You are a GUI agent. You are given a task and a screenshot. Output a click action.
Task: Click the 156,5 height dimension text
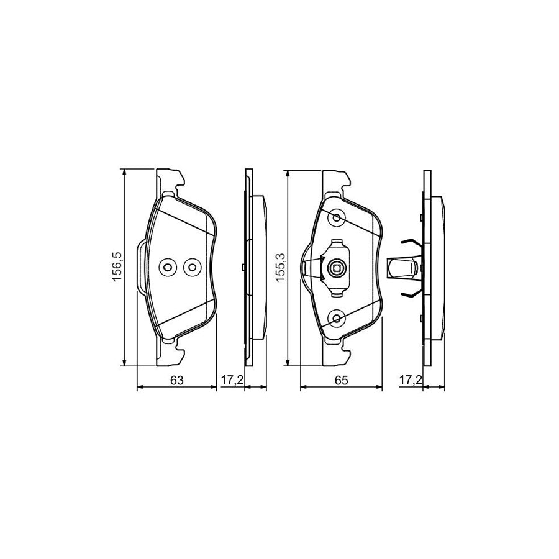coord(117,267)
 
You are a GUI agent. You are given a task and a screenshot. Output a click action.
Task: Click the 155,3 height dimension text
coord(281,267)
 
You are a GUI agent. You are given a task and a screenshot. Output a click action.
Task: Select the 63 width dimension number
coord(176,380)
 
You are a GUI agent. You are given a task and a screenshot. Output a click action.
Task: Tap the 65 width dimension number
coord(341,380)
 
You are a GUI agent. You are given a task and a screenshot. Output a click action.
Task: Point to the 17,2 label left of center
coord(232,380)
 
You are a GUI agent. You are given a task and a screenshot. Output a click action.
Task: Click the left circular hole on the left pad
coord(167,267)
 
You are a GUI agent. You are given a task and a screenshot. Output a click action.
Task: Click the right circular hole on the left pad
coord(192,267)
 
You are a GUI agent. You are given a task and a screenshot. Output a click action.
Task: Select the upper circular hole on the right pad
coord(337,217)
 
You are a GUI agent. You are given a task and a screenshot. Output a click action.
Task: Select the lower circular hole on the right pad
coord(337,318)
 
